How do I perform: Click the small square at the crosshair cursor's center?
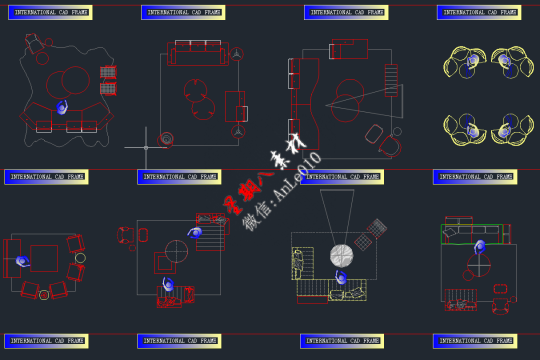[146, 147]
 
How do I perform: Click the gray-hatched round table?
[341, 255]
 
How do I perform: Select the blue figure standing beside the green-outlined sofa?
[480, 246]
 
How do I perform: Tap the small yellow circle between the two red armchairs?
[80, 258]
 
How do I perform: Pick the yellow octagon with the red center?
[44, 295]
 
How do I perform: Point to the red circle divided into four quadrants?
[479, 265]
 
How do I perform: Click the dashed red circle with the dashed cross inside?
[176, 251]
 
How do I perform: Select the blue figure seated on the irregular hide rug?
[62, 107]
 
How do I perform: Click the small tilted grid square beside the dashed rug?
[363, 242]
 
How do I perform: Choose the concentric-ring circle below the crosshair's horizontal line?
[165, 139]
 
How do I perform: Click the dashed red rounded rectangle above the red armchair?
[500, 289]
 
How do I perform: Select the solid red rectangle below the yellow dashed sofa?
[312, 299]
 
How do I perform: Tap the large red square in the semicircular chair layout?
[44, 258]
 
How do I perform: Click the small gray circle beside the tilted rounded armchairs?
[397, 131]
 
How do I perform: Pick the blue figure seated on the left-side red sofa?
[22, 261]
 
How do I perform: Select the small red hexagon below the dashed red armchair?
[132, 247]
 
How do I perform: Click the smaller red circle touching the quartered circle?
[468, 275]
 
